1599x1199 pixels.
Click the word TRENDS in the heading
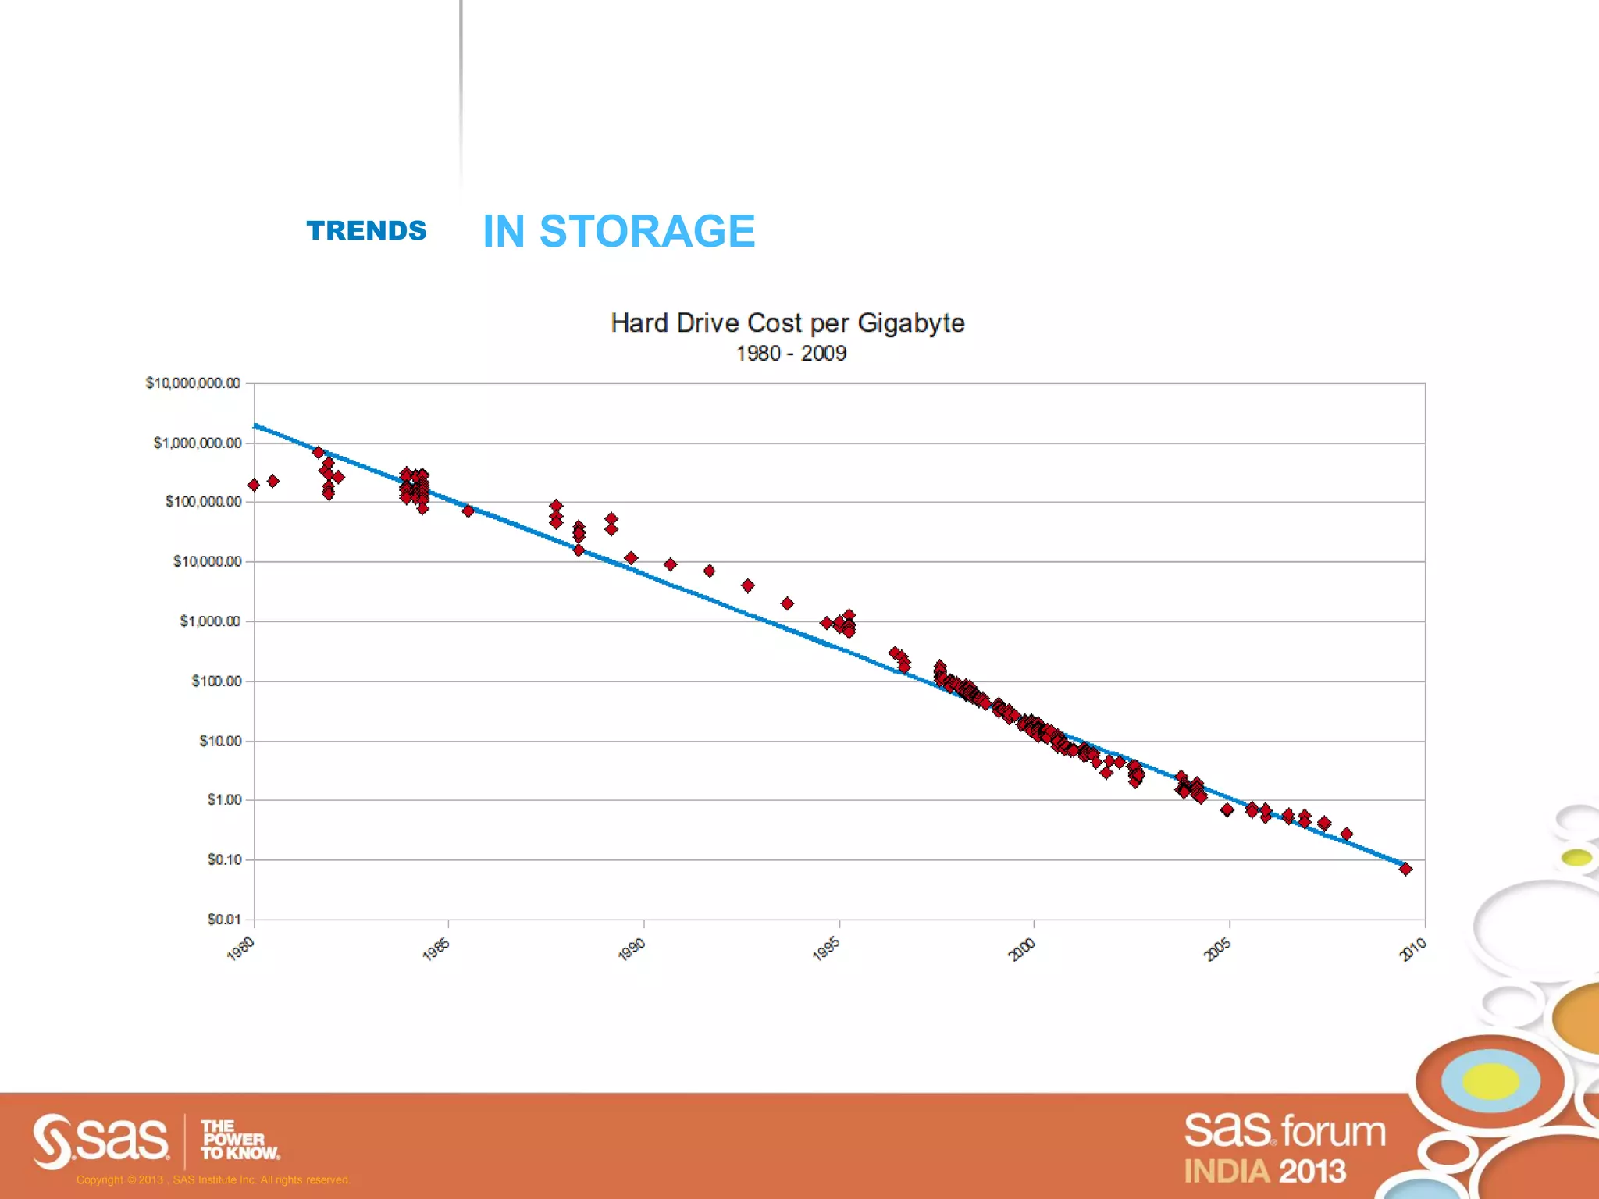pos(366,231)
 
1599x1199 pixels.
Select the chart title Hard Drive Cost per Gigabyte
pos(787,323)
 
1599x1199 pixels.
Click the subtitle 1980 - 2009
pos(791,354)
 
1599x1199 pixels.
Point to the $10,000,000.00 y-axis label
pos(193,383)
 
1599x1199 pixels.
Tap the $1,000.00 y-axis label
pos(209,621)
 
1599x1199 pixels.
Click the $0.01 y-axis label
pos(223,920)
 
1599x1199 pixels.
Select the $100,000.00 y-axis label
pos(203,502)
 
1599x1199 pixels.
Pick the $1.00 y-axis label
pos(224,800)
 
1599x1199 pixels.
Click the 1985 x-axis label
pos(436,949)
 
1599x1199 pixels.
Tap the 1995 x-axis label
pos(826,949)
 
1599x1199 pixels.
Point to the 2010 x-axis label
pos(1412,949)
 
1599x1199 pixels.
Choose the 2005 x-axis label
pos(1217,949)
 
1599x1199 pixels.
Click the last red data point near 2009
pos(1405,869)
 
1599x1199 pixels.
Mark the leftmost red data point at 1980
pos(254,486)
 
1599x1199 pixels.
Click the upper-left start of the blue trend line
pos(257,426)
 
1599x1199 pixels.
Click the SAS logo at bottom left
pos(101,1140)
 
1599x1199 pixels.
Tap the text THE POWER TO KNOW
pos(238,1140)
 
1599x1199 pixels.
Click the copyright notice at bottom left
pos(213,1179)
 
